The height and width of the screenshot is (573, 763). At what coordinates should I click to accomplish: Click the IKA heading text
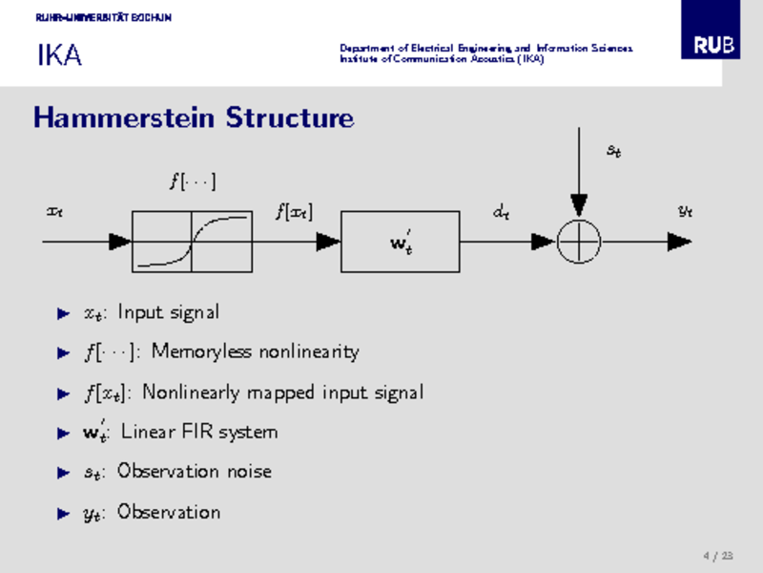click(59, 56)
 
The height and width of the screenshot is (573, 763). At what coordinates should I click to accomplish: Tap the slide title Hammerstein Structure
click(194, 118)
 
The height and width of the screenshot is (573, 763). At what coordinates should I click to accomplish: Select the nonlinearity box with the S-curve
click(192, 242)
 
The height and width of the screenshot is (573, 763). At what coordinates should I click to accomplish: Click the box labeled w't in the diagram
click(401, 242)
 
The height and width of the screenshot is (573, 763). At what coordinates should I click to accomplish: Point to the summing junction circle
click(579, 242)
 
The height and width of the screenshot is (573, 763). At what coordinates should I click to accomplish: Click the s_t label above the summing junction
click(615, 150)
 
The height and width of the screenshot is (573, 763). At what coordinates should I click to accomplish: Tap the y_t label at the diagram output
click(684, 212)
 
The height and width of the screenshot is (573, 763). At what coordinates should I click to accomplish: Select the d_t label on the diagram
click(501, 213)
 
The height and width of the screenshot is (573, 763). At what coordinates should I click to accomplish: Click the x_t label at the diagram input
click(54, 211)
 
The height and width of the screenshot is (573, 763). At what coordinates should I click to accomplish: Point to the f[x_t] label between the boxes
click(294, 212)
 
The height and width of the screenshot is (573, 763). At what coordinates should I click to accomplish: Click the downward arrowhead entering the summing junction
click(579, 205)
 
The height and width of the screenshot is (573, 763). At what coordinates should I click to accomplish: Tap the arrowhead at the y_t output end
click(679, 242)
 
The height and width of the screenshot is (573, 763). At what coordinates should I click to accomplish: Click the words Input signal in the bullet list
click(168, 312)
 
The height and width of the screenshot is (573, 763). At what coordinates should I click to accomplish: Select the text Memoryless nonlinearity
click(255, 352)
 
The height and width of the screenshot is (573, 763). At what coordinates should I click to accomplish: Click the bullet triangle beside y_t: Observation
click(64, 513)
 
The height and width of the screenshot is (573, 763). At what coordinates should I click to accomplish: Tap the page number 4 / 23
click(718, 556)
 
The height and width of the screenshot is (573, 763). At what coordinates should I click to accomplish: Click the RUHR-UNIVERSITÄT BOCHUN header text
click(103, 18)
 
